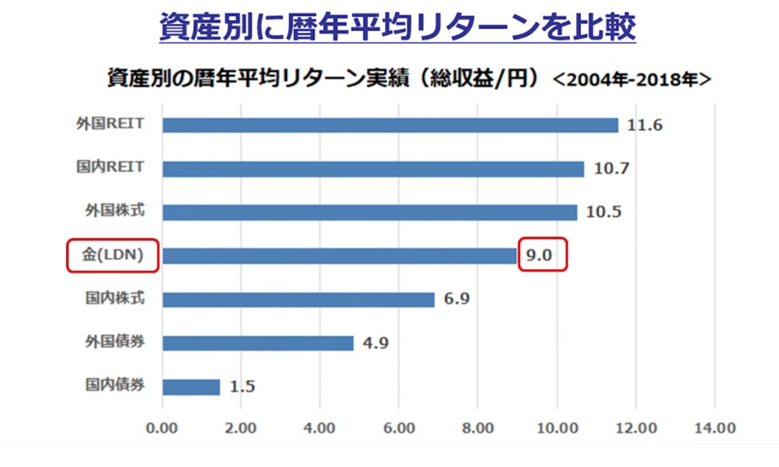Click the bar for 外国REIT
390,125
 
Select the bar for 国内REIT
373,169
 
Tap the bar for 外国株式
370,212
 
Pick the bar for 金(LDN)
340,256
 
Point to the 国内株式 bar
299,300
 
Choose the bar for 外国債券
258,343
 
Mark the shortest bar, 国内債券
191,387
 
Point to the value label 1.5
243,387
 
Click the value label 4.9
376,343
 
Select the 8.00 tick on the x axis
478,427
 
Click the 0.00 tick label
162,427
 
